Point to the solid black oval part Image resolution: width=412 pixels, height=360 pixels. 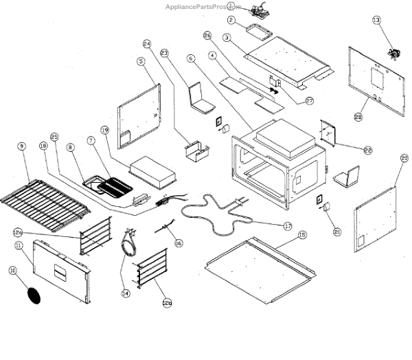(34, 294)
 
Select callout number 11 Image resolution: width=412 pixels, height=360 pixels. (19, 245)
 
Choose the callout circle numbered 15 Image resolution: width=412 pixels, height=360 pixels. (301, 234)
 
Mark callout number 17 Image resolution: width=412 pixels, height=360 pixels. (287, 225)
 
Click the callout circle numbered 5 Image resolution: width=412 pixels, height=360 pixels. (141, 61)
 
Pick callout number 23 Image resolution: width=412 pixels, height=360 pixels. (163, 52)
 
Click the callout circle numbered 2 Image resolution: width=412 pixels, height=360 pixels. (232, 20)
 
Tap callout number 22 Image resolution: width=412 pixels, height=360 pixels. (368, 149)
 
